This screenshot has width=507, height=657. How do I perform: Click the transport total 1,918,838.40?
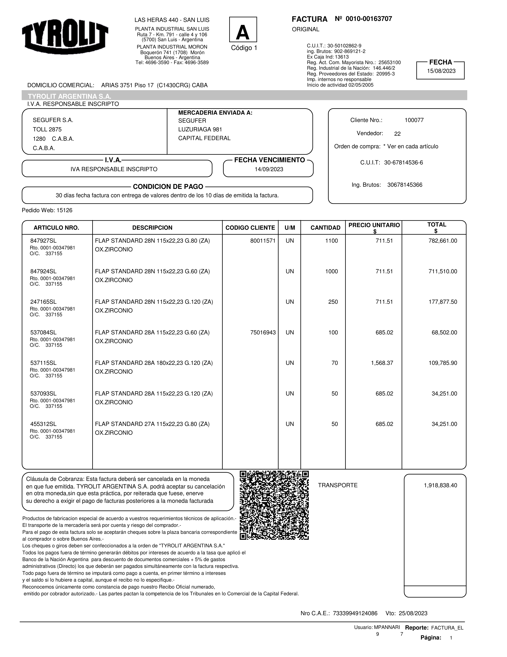tap(440, 485)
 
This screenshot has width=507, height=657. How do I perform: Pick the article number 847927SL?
tap(43, 241)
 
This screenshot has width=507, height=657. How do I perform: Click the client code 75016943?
tap(263, 332)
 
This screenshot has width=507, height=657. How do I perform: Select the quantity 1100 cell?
tap(331, 241)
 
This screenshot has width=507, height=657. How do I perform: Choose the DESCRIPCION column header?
tap(152, 228)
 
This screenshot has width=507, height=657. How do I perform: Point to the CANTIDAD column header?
tap(325, 228)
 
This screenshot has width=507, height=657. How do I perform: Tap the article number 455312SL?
tap(43, 424)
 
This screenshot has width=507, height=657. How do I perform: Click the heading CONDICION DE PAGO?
tap(168, 187)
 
